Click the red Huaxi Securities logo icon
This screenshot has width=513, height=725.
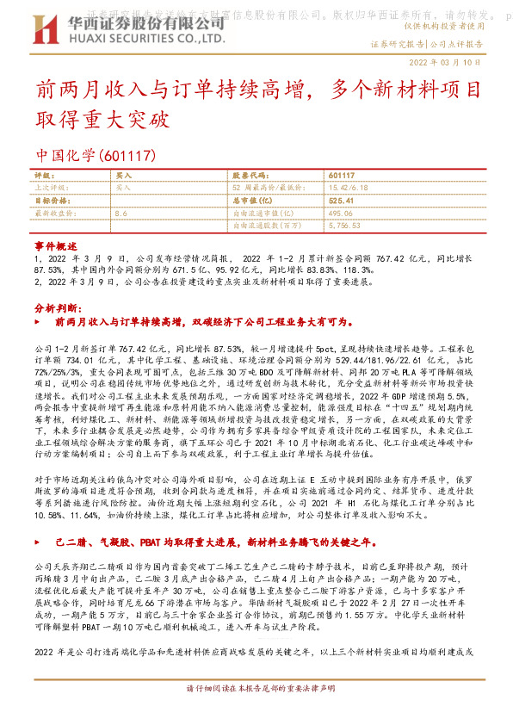pyautogui.click(x=48, y=28)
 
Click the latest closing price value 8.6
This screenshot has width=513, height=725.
pyautogui.click(x=121, y=212)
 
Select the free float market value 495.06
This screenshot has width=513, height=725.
pyautogui.click(x=342, y=212)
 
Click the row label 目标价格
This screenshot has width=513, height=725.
pyautogui.click(x=51, y=199)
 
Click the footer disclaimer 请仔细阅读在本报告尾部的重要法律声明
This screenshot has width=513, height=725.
pyautogui.click(x=256, y=714)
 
